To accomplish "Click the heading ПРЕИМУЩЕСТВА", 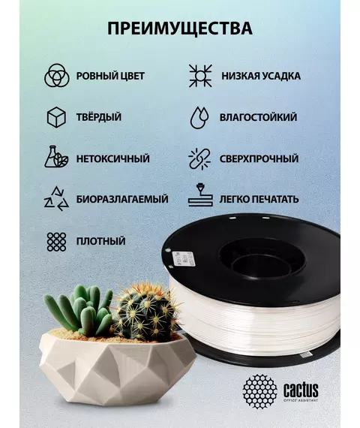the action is [x=180, y=29].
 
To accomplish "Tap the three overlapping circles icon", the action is [x=57, y=76].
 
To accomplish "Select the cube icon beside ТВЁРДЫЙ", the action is [x=56, y=117].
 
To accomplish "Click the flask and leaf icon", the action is [x=56, y=157].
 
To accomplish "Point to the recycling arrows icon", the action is [x=56, y=199].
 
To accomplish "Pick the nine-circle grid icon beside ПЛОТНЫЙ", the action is [x=56, y=242].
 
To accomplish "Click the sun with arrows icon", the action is [x=200, y=76].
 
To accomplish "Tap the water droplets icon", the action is [x=199, y=117].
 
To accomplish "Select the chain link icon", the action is [x=199, y=159].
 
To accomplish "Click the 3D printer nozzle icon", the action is [x=200, y=195].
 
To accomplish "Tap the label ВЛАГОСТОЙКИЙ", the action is [x=258, y=117].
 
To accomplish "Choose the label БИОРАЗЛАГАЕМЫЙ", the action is [x=122, y=199].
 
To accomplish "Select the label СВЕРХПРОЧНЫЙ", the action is [x=259, y=159].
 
